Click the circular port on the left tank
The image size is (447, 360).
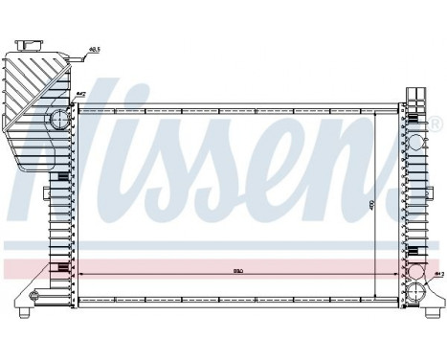click(59, 121)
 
